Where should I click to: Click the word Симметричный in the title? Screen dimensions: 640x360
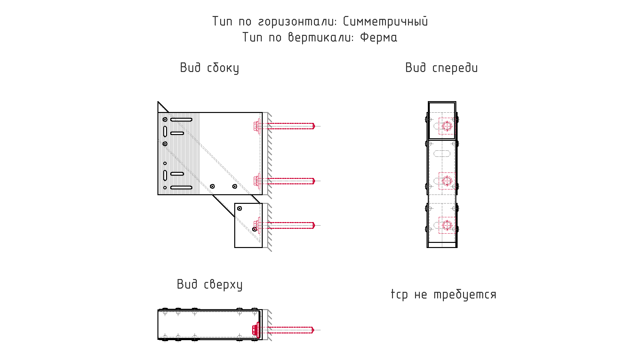[385, 21]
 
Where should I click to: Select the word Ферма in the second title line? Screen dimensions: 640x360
[379, 37]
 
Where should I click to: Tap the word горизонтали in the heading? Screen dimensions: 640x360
[297, 22]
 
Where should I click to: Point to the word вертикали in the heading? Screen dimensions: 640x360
[321, 37]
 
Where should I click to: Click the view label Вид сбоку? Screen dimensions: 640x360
[209, 68]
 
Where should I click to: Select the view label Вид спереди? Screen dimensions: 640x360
[441, 68]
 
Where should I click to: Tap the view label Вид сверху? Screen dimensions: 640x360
[210, 284]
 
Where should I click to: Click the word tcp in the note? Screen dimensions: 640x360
[399, 294]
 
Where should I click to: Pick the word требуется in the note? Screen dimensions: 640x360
[465, 294]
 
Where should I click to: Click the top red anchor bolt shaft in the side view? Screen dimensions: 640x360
[291, 126]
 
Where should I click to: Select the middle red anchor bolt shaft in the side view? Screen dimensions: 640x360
[291, 181]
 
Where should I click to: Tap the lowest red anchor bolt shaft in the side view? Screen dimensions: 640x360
[291, 225]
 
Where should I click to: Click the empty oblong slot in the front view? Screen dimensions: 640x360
[442, 154]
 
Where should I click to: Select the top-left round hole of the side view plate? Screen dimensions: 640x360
[165, 119]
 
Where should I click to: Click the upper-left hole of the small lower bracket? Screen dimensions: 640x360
[239, 208]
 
